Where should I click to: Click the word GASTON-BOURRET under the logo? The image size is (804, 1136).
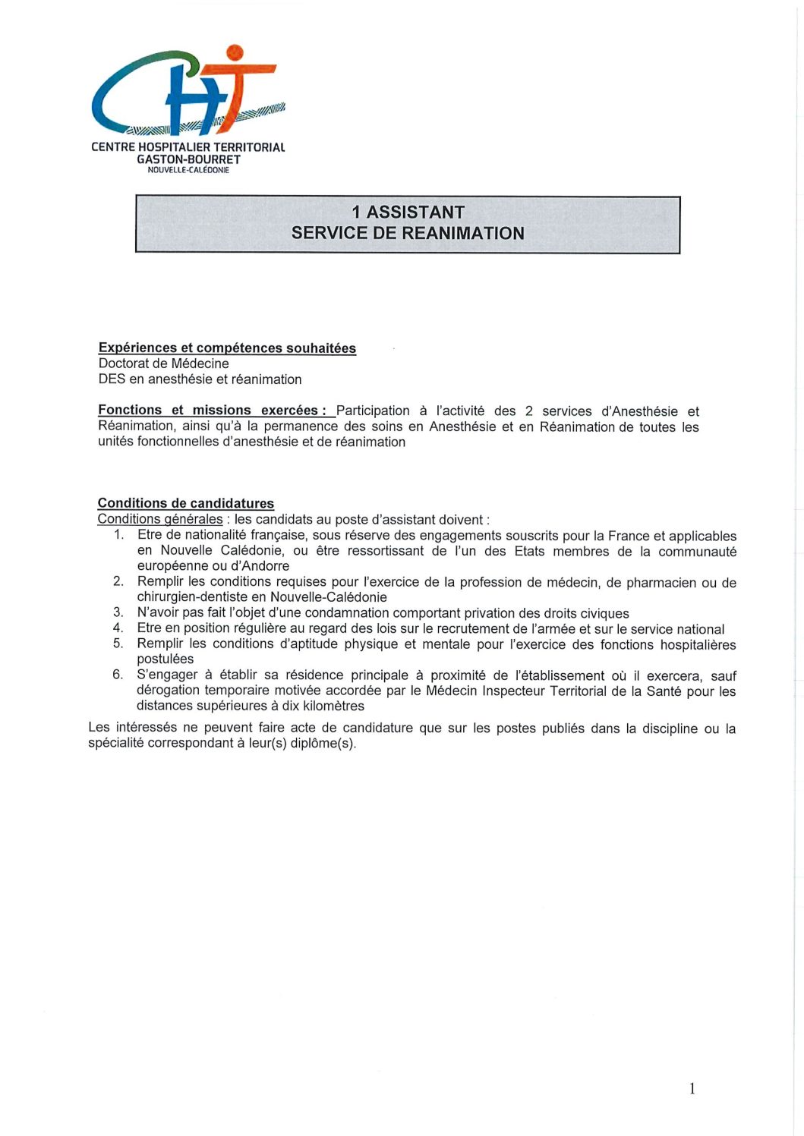click(188, 159)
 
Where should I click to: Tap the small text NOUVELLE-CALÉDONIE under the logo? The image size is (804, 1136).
click(188, 170)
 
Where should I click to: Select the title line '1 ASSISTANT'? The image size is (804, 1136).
click(408, 212)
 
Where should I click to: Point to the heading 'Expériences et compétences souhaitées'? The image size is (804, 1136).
click(227, 348)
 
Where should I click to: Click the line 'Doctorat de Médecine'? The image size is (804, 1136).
click(163, 363)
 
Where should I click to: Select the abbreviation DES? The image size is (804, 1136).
click(112, 379)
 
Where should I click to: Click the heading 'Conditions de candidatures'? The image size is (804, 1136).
click(186, 503)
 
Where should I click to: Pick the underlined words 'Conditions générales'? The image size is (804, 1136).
click(160, 519)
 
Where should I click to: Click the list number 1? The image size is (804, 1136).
click(118, 535)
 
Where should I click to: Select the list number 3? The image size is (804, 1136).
click(118, 612)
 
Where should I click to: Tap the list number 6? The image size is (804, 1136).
click(118, 675)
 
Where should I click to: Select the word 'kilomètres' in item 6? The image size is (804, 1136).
click(332, 706)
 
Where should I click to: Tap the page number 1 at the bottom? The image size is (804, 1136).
click(692, 1089)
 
